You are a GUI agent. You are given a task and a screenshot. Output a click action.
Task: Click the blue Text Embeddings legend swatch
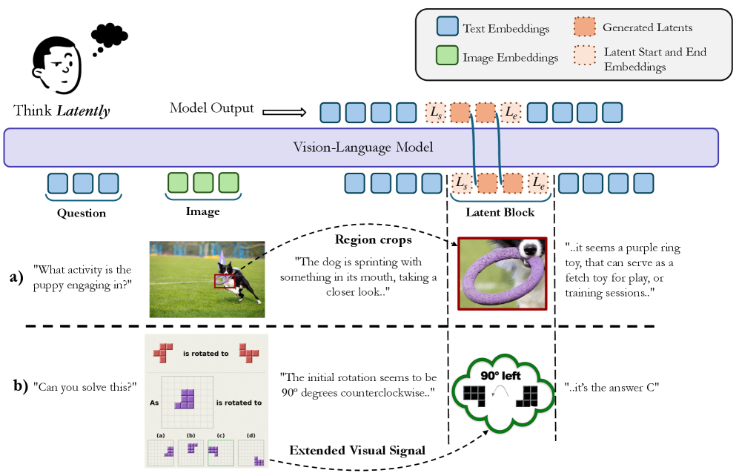(447, 26)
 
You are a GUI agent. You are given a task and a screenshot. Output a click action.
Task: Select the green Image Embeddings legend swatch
(447, 55)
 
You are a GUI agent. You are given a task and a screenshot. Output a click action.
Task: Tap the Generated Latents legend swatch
(584, 26)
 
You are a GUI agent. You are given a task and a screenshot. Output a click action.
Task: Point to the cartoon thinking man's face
(58, 65)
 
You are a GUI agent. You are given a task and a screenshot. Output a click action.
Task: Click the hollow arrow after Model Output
(284, 112)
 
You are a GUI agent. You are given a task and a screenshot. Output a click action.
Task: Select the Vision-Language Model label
(363, 147)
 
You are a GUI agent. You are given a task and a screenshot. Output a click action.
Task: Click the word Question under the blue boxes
(82, 214)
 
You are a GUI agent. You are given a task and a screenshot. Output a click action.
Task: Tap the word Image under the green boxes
(202, 211)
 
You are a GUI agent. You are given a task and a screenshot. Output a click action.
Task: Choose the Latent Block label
(500, 212)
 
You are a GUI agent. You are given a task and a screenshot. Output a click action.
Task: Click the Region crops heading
(374, 239)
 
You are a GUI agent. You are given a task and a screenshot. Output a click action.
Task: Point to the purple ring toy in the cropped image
(500, 278)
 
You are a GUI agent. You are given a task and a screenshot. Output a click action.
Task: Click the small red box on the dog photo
(225, 280)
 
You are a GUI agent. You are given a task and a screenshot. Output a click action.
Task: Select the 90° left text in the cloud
(500, 375)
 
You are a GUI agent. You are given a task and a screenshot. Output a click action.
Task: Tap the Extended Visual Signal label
(357, 450)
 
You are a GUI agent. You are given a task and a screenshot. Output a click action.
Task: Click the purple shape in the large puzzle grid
(185, 399)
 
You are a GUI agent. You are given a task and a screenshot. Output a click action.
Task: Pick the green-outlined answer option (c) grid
(221, 453)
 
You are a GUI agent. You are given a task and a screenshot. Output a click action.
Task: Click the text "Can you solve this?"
(84, 387)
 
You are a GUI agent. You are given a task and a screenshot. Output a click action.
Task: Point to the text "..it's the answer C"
(612, 387)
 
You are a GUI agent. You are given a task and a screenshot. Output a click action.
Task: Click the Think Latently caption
(62, 110)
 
